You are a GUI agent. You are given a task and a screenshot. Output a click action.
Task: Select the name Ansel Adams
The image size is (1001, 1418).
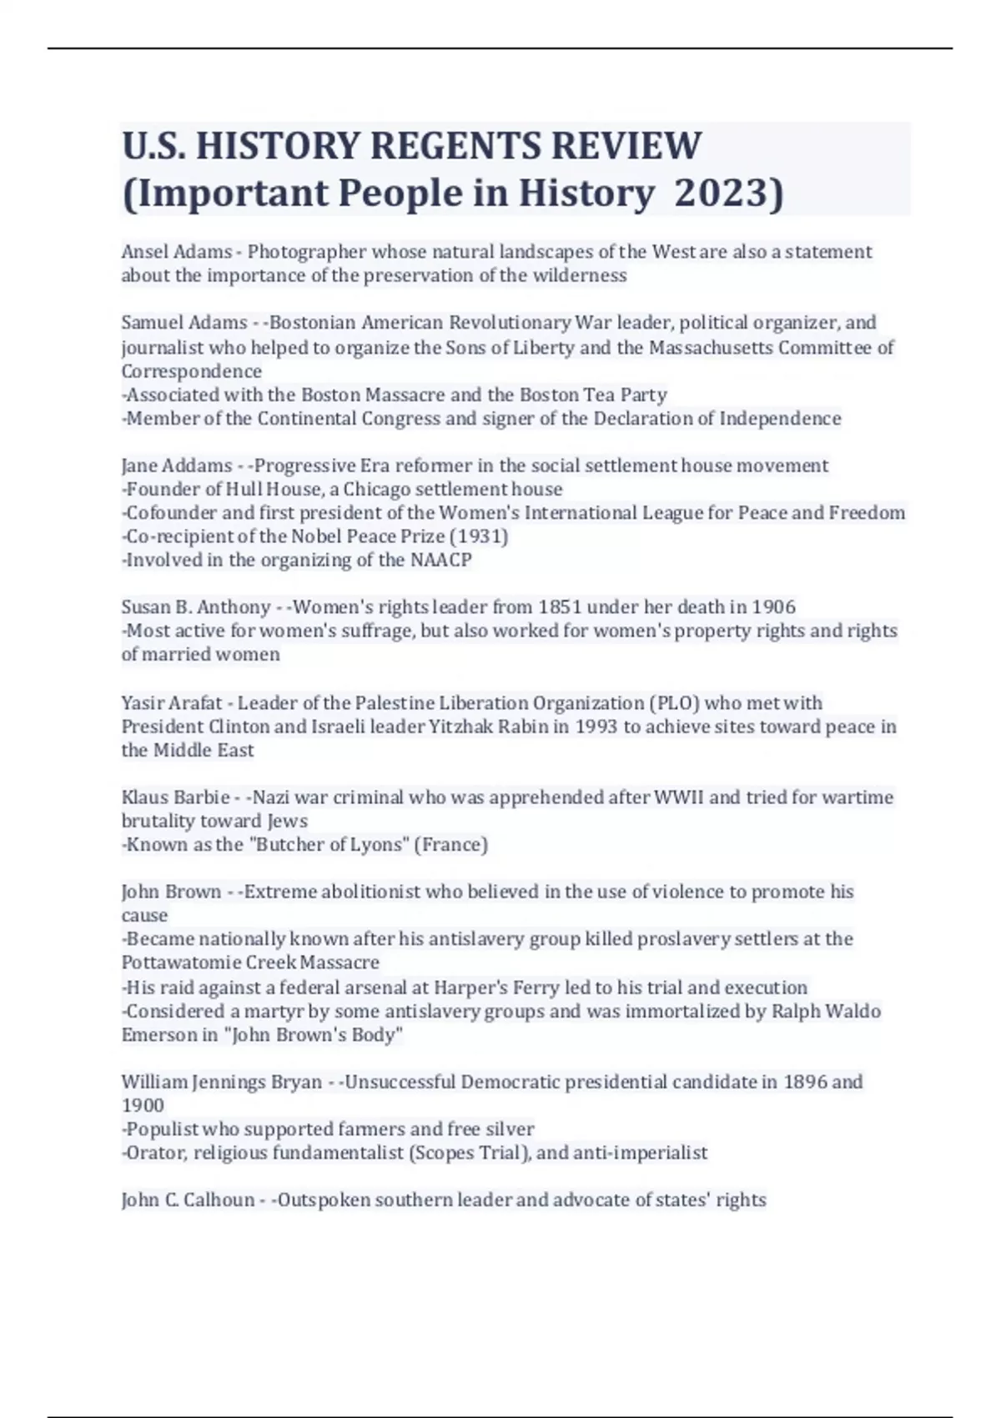[176, 252]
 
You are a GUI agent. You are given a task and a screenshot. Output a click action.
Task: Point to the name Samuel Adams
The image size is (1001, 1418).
[184, 323]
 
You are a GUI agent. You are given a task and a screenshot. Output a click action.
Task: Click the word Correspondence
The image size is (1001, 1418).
[191, 371]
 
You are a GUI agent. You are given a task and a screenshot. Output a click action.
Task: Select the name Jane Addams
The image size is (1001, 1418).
[176, 465]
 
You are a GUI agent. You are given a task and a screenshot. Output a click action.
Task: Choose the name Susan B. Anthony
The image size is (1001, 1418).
[195, 607]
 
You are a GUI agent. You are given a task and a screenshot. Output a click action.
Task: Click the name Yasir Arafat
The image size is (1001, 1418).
[171, 703]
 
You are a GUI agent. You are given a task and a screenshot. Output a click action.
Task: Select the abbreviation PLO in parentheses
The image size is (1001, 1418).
[676, 703]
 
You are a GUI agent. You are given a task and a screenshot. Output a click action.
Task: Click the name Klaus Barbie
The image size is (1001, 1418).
[174, 797]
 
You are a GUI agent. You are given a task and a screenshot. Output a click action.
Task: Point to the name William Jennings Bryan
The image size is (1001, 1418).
[221, 1082]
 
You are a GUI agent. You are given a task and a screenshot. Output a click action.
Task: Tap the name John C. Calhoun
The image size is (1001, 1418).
[188, 1200]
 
